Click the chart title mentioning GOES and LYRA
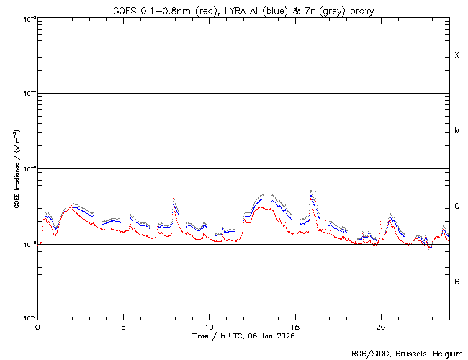coord(243,10)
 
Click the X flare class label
coord(456,55)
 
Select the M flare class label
coord(456,131)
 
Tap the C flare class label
coord(456,207)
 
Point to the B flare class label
coord(456,282)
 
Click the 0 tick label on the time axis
coord(37,326)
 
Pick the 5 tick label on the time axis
coord(123,326)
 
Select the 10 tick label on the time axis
coord(209,326)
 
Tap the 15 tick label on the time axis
coord(294,326)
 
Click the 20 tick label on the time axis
coord(380,326)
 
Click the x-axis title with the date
coord(243,336)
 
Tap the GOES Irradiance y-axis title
coord(15,168)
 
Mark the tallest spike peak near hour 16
coord(312,190)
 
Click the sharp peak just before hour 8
coord(174,197)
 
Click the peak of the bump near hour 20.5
coord(390,215)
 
